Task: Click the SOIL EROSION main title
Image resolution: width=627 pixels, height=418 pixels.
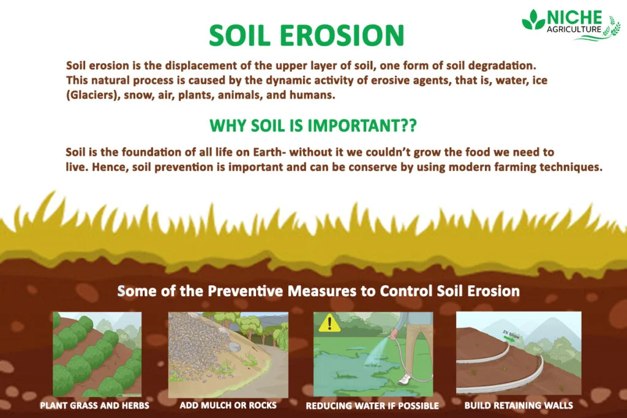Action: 307,35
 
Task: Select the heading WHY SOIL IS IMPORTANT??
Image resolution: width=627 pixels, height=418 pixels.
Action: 313,125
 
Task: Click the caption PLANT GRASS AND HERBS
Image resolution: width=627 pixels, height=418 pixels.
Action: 95,405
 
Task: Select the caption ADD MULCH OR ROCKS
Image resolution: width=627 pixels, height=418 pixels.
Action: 228,405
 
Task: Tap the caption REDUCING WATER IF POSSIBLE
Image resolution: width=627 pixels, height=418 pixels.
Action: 372,405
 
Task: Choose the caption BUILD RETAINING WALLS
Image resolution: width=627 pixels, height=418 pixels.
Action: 519,405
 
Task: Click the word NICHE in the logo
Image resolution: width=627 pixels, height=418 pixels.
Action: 575,17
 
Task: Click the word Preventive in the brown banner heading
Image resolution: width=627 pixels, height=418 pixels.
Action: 244,291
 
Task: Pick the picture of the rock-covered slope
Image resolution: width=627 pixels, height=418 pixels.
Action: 228,354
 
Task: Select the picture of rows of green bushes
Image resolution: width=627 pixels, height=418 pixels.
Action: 97,354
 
